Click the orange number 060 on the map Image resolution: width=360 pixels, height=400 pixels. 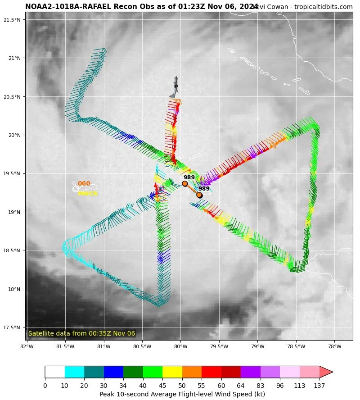(84, 184)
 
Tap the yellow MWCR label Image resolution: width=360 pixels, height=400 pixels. (87, 194)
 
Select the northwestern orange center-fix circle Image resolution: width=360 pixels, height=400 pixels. (184, 183)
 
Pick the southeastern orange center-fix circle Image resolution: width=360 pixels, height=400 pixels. (199, 195)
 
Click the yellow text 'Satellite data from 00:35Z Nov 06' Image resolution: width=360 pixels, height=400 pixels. (81, 333)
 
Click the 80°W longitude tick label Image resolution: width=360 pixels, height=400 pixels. (180, 346)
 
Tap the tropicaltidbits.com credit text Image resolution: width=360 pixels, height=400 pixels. (324, 7)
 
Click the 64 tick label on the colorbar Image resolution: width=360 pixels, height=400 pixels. (241, 386)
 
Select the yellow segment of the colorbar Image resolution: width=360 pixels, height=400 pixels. (172, 372)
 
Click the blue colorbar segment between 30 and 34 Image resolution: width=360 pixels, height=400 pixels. (113, 372)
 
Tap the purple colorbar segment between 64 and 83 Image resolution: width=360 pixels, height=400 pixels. (251, 372)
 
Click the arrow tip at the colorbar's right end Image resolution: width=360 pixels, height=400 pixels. (331, 372)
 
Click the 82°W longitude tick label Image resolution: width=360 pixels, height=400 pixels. (27, 346)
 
